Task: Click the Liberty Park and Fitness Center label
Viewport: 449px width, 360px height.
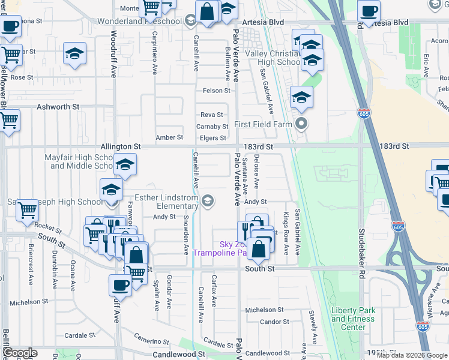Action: point(353,319)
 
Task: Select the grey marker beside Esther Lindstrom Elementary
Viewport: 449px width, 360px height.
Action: point(208,201)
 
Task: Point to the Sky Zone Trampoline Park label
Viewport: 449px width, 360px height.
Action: point(220,248)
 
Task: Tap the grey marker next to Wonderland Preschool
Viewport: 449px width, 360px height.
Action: point(190,22)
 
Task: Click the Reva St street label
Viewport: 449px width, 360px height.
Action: point(211,115)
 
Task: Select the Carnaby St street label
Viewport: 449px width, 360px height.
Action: point(212,127)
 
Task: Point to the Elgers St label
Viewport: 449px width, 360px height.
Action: point(213,138)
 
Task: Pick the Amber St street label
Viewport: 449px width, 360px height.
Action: point(169,137)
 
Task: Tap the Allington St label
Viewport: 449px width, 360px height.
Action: point(120,146)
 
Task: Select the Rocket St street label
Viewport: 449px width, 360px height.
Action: point(48,228)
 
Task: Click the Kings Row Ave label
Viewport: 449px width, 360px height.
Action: point(286,233)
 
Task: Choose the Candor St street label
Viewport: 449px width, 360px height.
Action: point(275,322)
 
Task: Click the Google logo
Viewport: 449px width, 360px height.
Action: point(19,353)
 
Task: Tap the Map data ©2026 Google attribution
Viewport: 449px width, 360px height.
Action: point(412,355)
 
